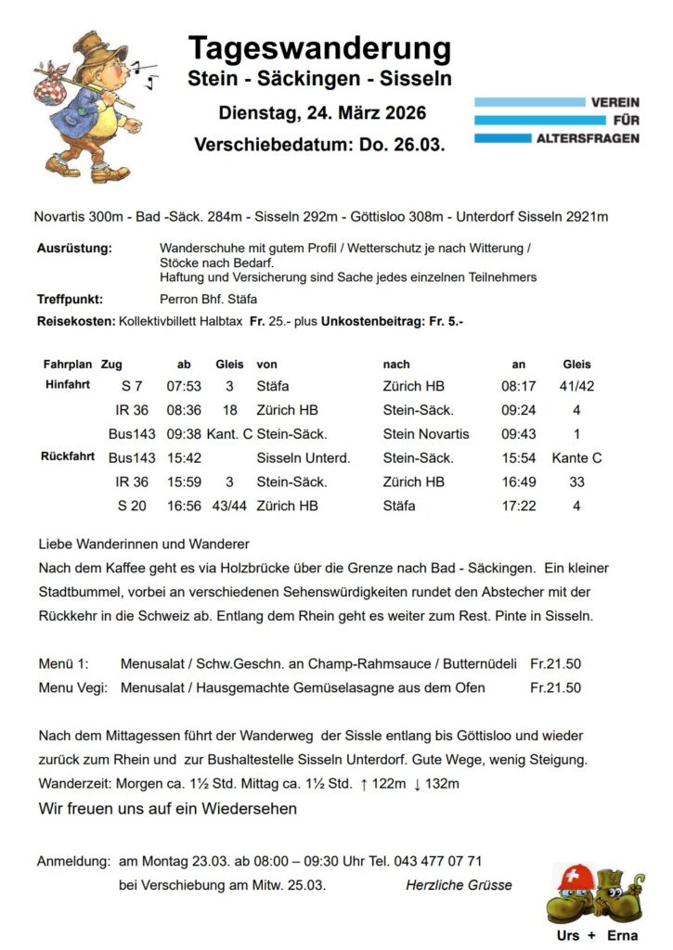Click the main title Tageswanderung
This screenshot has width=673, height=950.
(319, 47)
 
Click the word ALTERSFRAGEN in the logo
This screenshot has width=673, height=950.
(588, 138)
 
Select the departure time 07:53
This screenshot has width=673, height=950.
(184, 386)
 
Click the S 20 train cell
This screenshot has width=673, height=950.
(128, 506)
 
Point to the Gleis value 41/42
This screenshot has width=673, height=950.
(576, 386)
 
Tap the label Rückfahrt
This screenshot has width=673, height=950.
(68, 456)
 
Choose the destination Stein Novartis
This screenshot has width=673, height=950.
(426, 433)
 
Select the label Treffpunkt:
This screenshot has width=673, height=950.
(70, 300)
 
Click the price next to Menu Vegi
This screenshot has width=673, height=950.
(555, 687)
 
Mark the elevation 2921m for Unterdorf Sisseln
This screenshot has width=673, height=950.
(587, 217)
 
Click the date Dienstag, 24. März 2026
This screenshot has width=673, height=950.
(321, 113)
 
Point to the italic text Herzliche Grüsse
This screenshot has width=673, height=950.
(459, 885)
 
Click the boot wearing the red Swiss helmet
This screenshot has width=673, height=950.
(574, 891)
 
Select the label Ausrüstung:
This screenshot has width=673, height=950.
(74, 249)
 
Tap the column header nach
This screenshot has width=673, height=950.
(395, 365)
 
